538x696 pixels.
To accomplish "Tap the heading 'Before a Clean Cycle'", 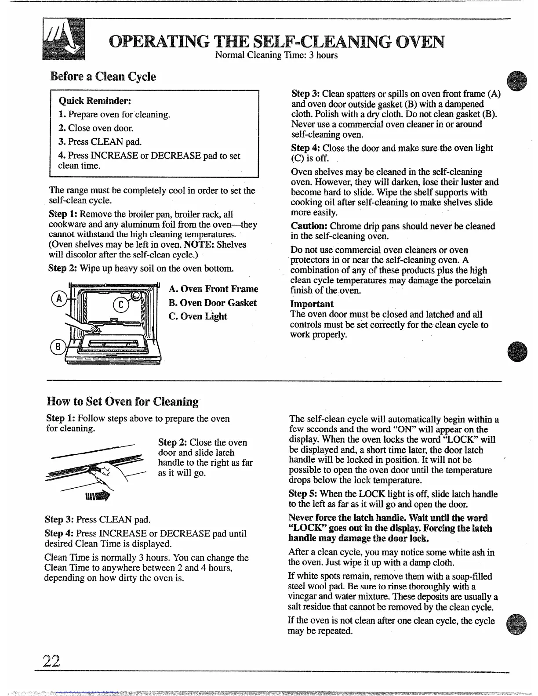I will click(x=103, y=76).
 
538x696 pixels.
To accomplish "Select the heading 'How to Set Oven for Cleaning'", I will click(x=123, y=402).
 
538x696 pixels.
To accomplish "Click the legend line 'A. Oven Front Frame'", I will click(x=213, y=289).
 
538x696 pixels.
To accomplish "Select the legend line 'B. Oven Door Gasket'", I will click(x=212, y=303).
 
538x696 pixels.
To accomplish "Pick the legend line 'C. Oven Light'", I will click(x=198, y=316).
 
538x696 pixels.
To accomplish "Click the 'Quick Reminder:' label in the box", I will click(x=95, y=101).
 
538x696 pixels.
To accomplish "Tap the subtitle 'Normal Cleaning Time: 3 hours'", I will click(x=276, y=55).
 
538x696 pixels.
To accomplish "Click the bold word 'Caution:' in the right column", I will click(x=309, y=226).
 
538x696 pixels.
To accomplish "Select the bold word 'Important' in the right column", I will click(x=312, y=304).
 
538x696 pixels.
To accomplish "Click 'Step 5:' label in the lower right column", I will click(x=304, y=494).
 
